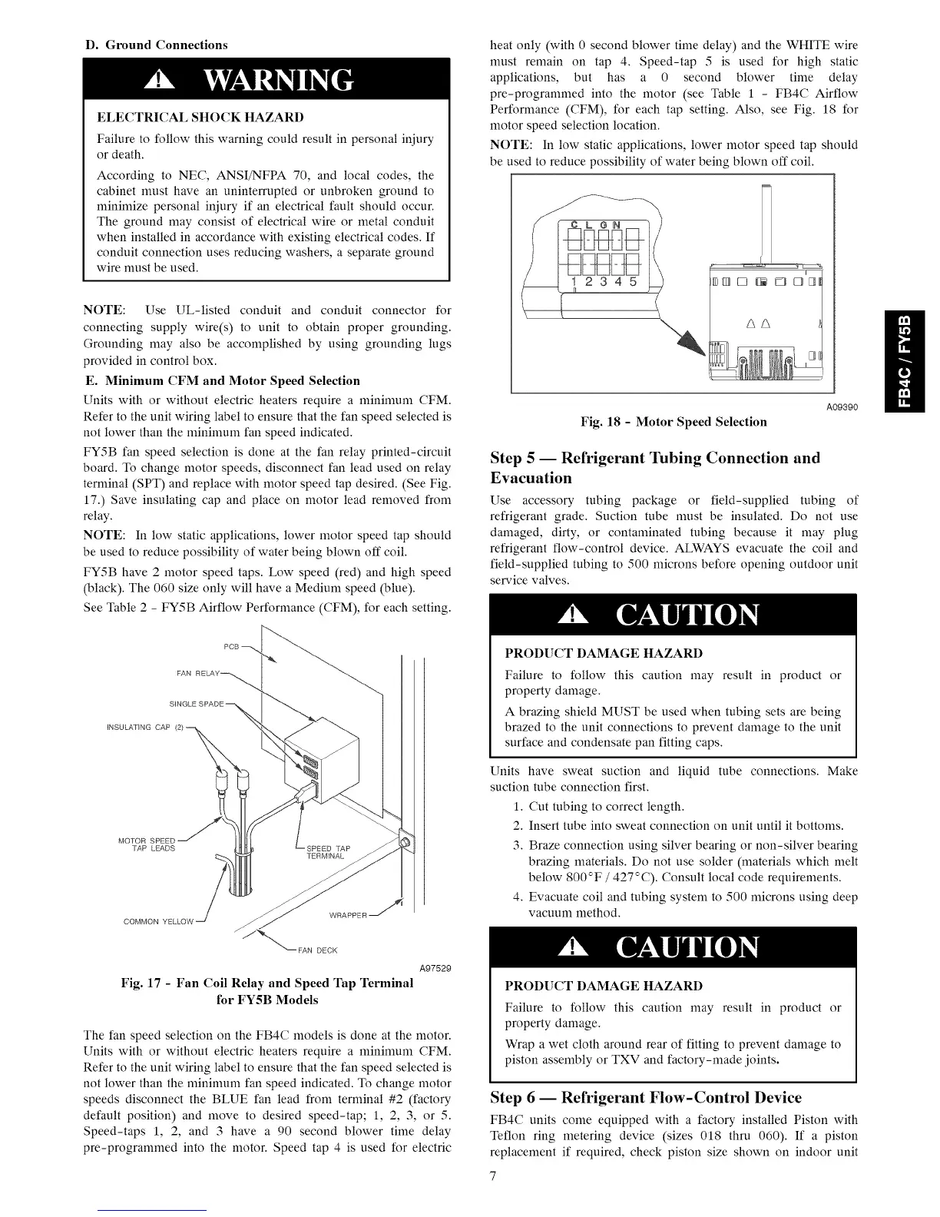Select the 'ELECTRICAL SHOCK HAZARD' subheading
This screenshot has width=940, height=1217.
(x=200, y=118)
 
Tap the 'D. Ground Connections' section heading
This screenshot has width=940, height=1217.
(x=156, y=45)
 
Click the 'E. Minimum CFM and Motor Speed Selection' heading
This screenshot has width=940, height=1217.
(x=221, y=380)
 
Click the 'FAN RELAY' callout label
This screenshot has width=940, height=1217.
(x=198, y=674)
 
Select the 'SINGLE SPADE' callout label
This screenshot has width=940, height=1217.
(x=196, y=705)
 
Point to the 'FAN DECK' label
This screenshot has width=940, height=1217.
(x=317, y=950)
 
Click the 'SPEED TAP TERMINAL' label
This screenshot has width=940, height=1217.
(x=328, y=852)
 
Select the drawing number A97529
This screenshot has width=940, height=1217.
(x=432, y=968)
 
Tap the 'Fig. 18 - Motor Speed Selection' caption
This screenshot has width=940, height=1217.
(x=674, y=422)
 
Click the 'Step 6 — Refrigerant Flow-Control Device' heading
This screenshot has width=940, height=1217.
(x=645, y=1097)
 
